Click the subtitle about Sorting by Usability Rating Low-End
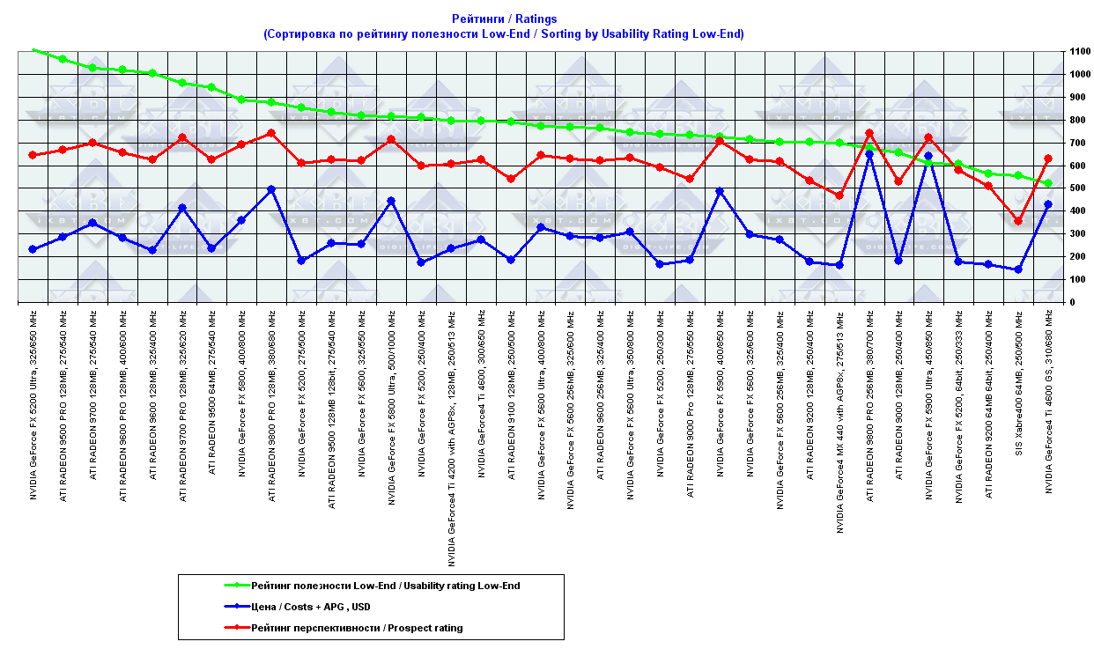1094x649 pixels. pyautogui.click(x=504, y=34)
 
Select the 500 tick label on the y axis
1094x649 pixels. pyautogui.click(x=1077, y=188)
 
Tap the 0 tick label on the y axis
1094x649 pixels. pyautogui.click(x=1071, y=303)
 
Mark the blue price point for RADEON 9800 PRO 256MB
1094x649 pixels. pyautogui.click(x=869, y=154)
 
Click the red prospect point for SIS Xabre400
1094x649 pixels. pyautogui.click(x=1018, y=221)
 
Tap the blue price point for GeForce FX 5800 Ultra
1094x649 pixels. pyautogui.click(x=391, y=201)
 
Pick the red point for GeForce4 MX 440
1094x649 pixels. pyautogui.click(x=839, y=195)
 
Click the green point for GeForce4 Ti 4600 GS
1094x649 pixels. pyautogui.click(x=1048, y=183)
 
